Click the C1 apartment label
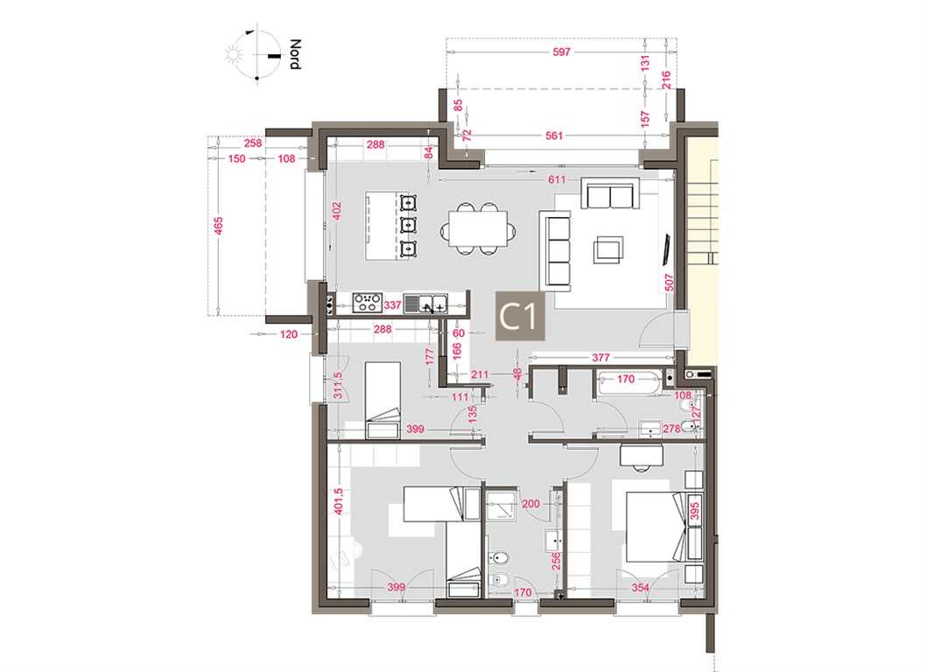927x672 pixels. point(520,317)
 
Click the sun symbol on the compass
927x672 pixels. point(235,55)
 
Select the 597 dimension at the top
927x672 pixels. point(561,52)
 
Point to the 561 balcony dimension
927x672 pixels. point(554,136)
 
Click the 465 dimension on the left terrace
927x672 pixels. point(218,225)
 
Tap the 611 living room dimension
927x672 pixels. point(557,179)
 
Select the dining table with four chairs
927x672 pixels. point(478,228)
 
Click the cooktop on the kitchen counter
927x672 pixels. point(367,304)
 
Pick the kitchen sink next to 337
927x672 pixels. point(425,304)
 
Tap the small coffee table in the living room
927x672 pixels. point(608,249)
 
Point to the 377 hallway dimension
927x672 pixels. point(600,358)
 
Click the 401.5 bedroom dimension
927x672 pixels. point(338,501)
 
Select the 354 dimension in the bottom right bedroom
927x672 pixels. point(640,587)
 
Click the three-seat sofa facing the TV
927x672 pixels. point(557,250)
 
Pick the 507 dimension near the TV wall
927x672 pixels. point(670,283)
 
